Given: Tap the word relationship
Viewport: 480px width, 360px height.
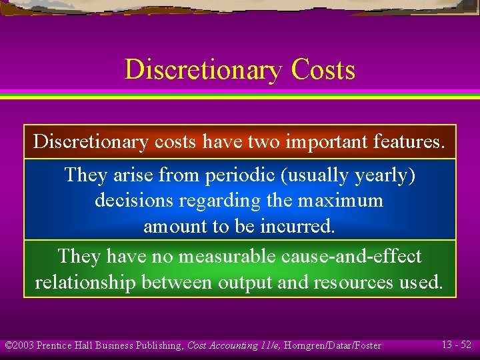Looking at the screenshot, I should [85, 282].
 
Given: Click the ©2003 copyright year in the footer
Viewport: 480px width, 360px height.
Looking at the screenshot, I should [19, 345].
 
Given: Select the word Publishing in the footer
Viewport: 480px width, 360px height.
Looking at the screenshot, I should [160, 345].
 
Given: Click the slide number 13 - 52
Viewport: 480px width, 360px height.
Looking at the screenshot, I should [456, 345].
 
